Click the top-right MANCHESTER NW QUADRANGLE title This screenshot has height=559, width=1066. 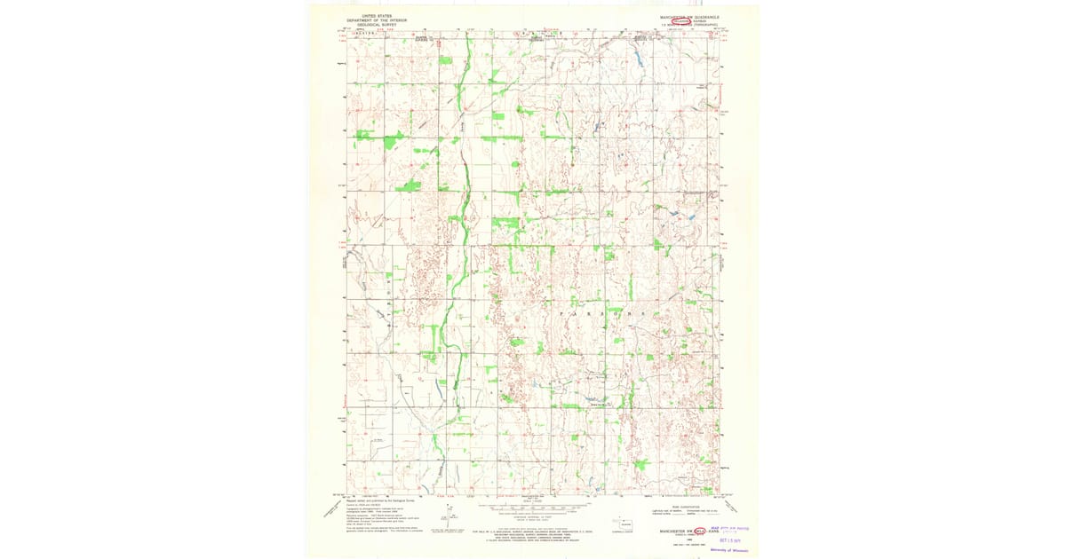688,16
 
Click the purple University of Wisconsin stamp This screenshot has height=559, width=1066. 729,549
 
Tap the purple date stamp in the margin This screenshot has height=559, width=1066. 735,539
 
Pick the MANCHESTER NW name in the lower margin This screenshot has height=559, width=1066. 674,531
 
